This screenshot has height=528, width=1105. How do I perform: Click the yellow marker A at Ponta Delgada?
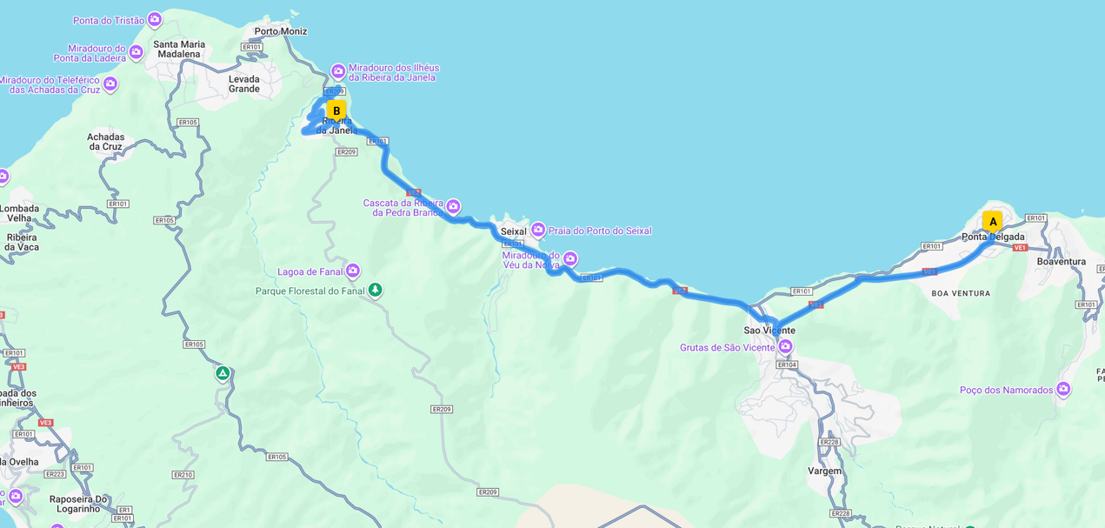992,222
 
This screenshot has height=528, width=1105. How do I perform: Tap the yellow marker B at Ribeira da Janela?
336,111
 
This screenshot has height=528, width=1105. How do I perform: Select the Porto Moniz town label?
280,31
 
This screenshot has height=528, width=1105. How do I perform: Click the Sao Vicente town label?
769,331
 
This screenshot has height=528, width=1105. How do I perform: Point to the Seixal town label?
513,231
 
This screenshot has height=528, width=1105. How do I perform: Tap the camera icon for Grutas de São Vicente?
785,347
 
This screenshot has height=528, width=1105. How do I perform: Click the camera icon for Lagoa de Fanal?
353,271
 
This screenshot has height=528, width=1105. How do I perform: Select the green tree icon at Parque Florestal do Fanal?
375,290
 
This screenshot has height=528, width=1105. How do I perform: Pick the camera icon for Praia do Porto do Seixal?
538,230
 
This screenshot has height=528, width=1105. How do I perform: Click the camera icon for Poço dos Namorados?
1063,390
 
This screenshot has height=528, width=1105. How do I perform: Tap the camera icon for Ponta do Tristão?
155,19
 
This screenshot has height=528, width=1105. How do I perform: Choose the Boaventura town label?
1062,261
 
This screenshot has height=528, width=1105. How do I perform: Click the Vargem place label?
824,471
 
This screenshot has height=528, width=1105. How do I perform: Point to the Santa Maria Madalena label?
179,49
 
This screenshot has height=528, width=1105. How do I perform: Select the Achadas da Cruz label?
105,142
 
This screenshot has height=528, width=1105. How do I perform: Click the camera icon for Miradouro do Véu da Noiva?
570,258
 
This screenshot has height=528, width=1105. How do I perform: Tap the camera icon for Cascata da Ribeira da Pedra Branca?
453,206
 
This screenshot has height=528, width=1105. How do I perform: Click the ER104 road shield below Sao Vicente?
786,364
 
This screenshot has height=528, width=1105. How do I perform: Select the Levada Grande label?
243,84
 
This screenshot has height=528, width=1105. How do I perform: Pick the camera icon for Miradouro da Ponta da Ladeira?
136,52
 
